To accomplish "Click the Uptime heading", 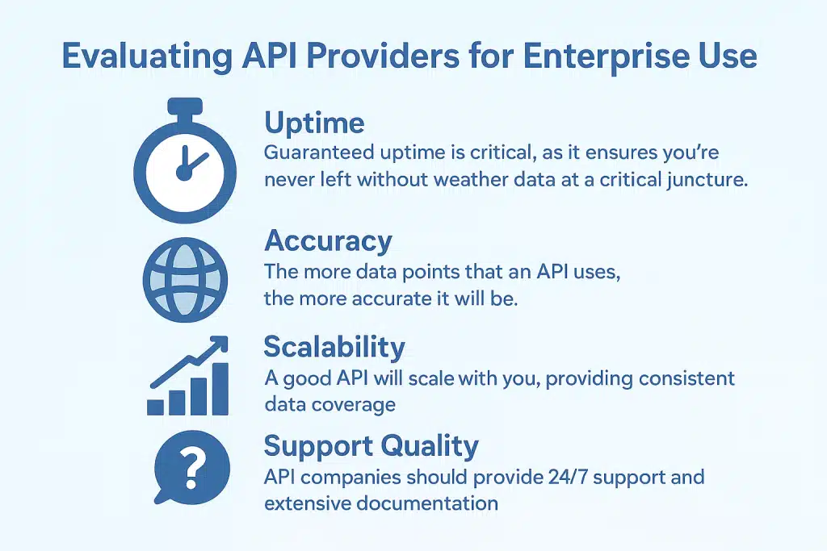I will [314, 123].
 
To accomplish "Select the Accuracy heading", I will [328, 240].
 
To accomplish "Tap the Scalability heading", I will [334, 347].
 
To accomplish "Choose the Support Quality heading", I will [372, 446].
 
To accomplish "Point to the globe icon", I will [184, 277].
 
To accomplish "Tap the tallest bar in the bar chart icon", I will [219, 388].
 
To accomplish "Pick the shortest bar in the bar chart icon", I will [155, 406].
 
